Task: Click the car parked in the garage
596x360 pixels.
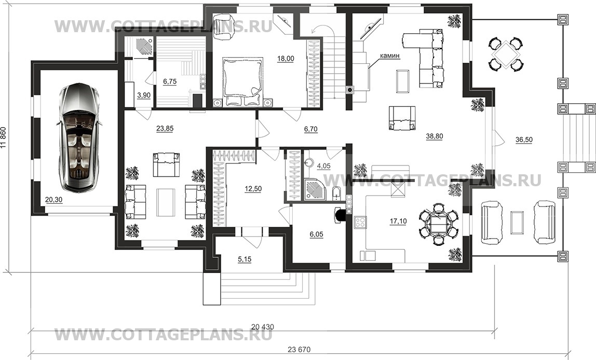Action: [x=77, y=137]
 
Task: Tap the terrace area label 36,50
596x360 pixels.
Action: [x=525, y=140]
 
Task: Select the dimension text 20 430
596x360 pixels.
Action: [x=263, y=327]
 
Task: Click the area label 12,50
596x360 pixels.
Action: [x=253, y=189]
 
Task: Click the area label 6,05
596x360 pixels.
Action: [x=317, y=234]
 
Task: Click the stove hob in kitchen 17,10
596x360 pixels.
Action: [x=359, y=224]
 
